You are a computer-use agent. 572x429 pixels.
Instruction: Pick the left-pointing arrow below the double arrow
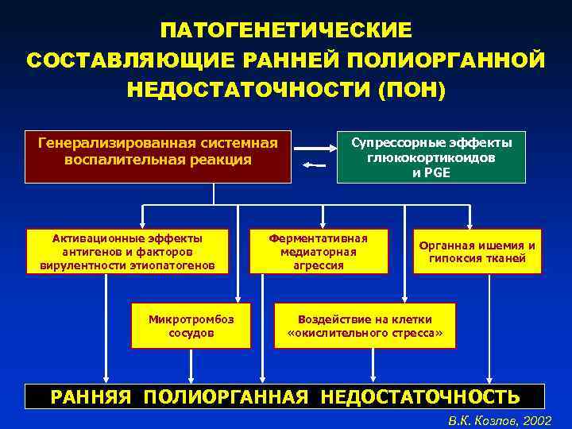click(x=315, y=165)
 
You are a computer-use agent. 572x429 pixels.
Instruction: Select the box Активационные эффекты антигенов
click(x=127, y=251)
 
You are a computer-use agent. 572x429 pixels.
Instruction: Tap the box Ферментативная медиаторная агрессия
click(x=318, y=251)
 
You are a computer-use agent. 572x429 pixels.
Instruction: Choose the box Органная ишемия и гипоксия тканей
click(x=477, y=251)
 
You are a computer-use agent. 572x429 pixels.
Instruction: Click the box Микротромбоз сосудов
click(x=191, y=326)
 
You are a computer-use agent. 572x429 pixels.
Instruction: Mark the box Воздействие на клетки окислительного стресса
click(x=365, y=326)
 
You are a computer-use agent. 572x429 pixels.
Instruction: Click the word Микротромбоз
click(x=191, y=319)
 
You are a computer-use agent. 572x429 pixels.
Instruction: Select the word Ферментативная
click(x=318, y=238)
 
